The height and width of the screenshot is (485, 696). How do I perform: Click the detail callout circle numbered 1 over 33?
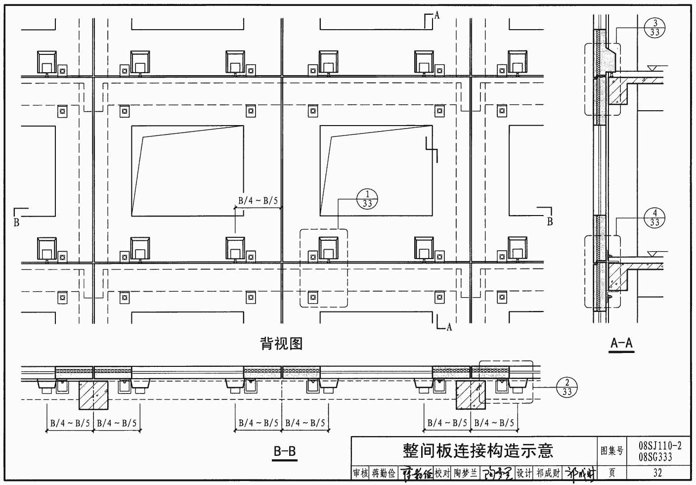[x=367, y=199]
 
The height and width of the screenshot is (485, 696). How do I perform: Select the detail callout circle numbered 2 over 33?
[x=567, y=387]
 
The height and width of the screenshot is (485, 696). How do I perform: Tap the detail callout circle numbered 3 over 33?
[x=655, y=27]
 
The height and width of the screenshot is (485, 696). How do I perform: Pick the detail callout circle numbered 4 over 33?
[x=655, y=218]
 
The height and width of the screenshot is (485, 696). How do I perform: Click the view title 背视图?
[x=281, y=343]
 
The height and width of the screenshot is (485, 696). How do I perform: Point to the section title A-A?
[x=622, y=343]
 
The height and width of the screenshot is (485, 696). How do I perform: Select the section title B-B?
[x=285, y=451]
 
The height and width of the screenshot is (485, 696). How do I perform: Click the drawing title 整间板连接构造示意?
[x=478, y=450]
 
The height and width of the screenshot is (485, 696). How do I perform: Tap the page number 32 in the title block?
[x=657, y=473]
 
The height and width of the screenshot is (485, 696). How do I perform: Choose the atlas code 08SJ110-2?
[x=660, y=446]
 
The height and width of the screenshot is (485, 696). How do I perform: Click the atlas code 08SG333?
[x=655, y=457]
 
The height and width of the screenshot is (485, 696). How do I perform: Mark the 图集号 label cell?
[x=612, y=451]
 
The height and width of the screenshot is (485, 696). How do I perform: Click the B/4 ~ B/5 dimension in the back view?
[x=258, y=201]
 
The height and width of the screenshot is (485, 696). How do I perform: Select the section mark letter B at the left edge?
[x=16, y=222]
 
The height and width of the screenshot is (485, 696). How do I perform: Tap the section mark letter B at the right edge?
[x=549, y=222]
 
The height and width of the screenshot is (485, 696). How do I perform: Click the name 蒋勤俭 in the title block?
[x=384, y=473]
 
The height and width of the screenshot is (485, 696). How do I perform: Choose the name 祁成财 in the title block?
[x=548, y=473]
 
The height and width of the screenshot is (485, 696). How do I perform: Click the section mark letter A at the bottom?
[x=449, y=327]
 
